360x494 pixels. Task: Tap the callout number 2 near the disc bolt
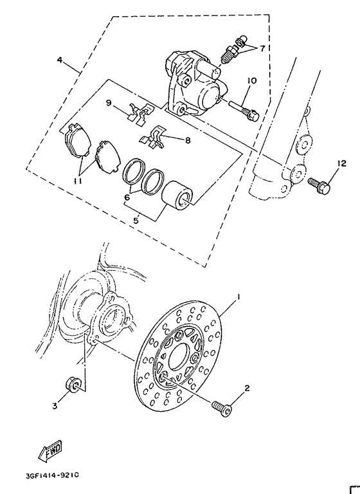pyautogui.click(x=246, y=389)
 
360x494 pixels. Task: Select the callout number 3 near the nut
pyautogui.click(x=55, y=406)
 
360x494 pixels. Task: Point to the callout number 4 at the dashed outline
pyautogui.click(x=59, y=60)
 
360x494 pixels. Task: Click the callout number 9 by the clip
pyautogui.click(x=109, y=102)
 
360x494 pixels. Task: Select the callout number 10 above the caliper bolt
pyautogui.click(x=251, y=81)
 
